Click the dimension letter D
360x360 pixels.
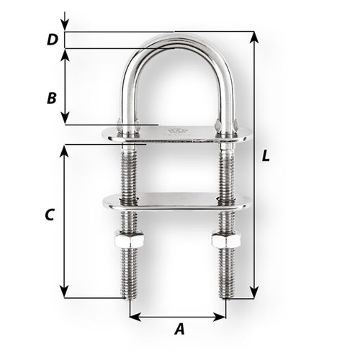coord(51,40)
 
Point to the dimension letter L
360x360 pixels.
coord(266,156)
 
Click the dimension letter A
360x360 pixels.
coord(179,329)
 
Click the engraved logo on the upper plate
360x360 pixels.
coord(175,131)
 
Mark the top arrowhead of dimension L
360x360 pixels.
coord(253,36)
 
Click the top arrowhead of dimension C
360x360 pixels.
coord(66,149)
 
